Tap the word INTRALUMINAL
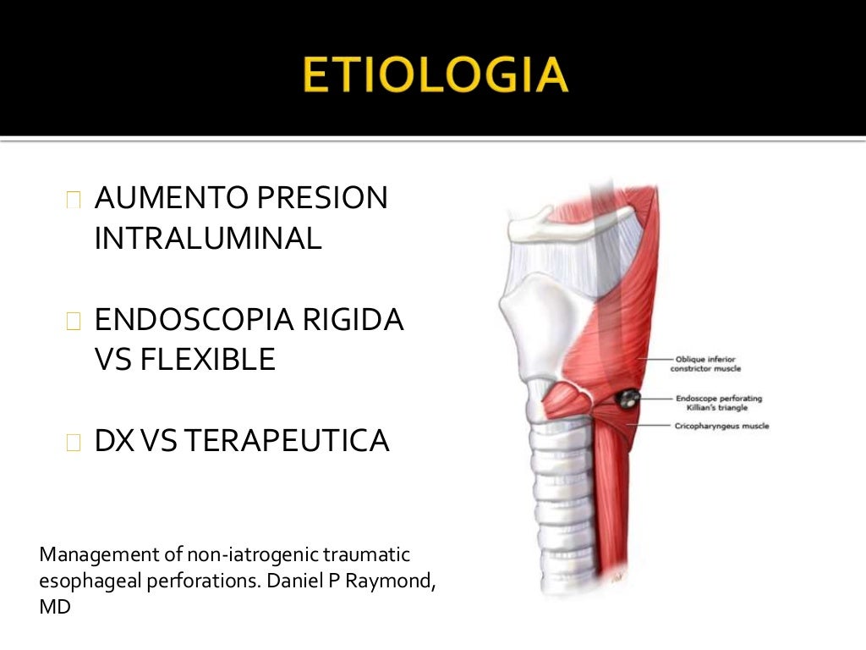(208, 239)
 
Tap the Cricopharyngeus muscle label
(722, 426)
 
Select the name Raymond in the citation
(395, 582)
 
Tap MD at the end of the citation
(55, 608)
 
